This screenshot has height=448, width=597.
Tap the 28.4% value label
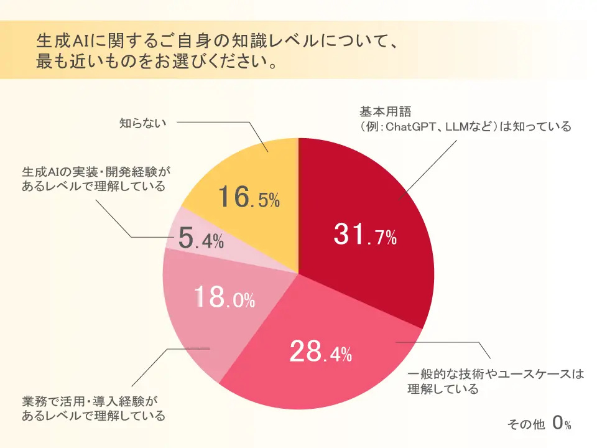click(x=321, y=353)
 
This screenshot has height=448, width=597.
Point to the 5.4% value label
click(x=200, y=241)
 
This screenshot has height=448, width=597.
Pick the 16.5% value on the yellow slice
click(x=248, y=198)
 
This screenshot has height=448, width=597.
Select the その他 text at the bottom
click(x=525, y=424)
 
